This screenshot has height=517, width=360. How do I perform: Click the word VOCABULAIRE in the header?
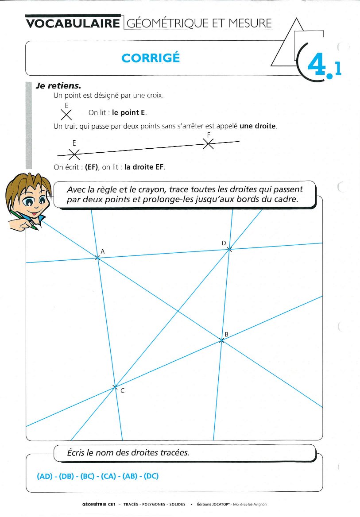pyautogui.click(x=73, y=23)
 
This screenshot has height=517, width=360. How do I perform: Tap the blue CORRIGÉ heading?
pyautogui.click(x=151, y=58)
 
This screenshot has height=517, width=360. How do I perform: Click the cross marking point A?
pyautogui.click(x=98, y=257)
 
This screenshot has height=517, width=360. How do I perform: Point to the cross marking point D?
pyautogui.click(x=229, y=250)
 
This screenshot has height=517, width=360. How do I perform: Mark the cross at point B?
pyautogui.click(x=221, y=340)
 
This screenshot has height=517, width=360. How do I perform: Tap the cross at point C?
pyautogui.click(x=114, y=387)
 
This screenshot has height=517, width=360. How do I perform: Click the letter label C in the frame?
pyautogui.click(x=122, y=391)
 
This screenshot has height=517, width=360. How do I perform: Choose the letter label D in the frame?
pyautogui.click(x=224, y=243)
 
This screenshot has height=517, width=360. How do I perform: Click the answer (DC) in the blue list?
pyautogui.click(x=151, y=476)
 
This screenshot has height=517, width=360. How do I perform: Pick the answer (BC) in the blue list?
pyautogui.click(x=87, y=476)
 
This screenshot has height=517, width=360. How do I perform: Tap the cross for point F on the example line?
pyautogui.click(x=208, y=143)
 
